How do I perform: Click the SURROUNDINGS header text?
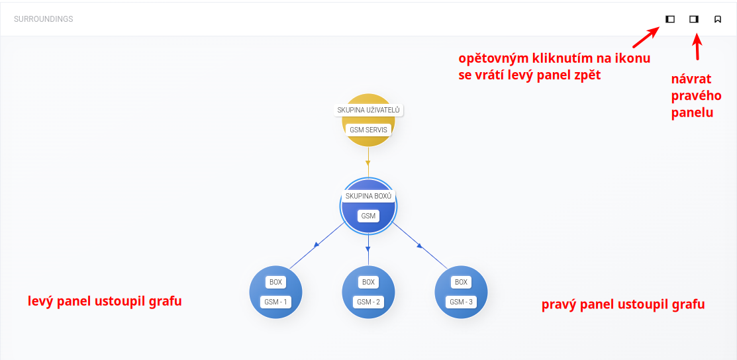pos(44,19)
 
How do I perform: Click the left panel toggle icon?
pos(670,19)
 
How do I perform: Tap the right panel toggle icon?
pos(694,19)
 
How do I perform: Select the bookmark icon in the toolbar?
pos(718,19)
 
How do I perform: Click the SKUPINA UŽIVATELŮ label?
pos(369,110)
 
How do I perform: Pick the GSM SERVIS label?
pos(369,130)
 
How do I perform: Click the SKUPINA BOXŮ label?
pos(369,196)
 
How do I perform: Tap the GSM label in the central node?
pos(369,216)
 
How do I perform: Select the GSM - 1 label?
pos(275,302)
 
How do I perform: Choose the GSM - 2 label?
pos(369,302)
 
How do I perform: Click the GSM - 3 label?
pos(462,302)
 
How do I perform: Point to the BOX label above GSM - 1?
pos(275,282)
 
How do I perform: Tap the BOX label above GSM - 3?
pos(462,282)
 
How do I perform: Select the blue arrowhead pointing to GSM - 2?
pos(368,249)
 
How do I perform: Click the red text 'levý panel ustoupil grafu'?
pos(105,301)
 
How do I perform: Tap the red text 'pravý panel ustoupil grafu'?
pos(623,304)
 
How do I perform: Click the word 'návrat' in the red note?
pos(691,79)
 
